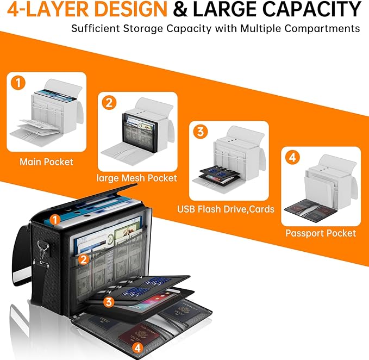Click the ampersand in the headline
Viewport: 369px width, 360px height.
(x=180, y=9)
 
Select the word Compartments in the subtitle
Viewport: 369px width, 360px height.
(x=322, y=29)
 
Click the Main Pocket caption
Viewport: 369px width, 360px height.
(x=46, y=162)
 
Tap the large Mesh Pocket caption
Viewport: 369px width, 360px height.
(x=137, y=178)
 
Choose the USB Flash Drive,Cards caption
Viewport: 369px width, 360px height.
(x=226, y=209)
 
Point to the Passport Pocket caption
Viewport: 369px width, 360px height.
(x=321, y=233)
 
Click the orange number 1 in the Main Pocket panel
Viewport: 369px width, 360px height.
(x=18, y=83)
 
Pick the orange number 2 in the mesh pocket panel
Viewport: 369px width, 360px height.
(x=109, y=103)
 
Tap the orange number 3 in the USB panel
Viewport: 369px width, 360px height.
(x=201, y=132)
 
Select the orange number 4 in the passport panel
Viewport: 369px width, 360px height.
(x=292, y=157)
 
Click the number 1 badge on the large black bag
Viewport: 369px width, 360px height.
(x=54, y=220)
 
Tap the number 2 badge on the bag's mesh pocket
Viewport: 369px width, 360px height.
(x=84, y=259)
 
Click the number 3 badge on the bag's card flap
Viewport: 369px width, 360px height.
(x=109, y=302)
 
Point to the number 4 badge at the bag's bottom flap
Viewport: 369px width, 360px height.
(x=137, y=347)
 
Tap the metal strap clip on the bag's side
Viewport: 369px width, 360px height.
(x=42, y=253)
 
